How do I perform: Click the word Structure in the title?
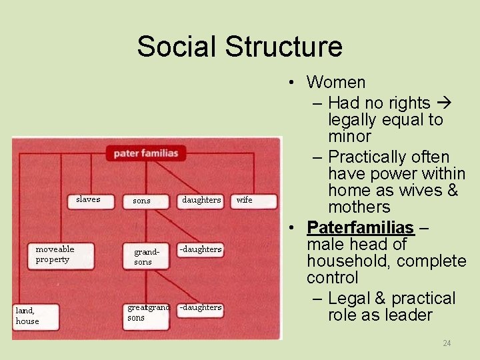coord(283,47)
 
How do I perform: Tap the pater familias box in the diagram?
coord(145,153)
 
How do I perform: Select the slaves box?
coord(88,200)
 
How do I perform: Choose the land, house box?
coord(35,315)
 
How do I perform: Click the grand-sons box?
coord(144,257)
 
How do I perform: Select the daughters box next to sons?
coord(201,200)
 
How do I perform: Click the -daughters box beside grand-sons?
coord(201,249)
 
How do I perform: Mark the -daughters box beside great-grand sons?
coord(201,308)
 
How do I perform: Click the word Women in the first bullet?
coord(336,83)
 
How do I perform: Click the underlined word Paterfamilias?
coord(360,227)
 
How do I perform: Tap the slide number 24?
coord(447,343)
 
